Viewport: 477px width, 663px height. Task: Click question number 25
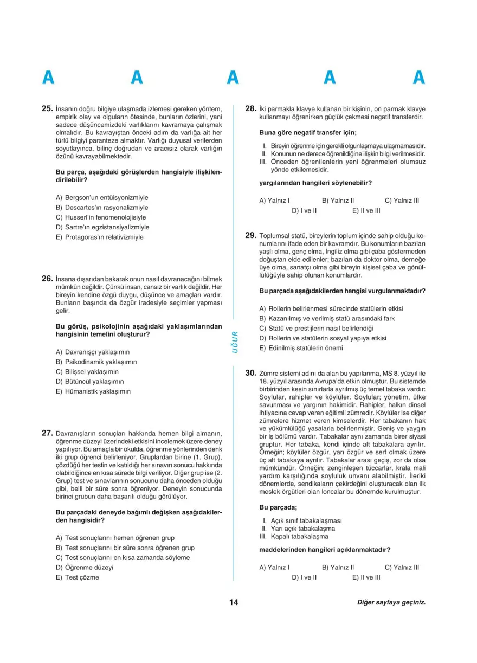coord(47,108)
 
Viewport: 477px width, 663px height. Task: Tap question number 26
coord(47,279)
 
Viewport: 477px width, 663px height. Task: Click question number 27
coord(47,433)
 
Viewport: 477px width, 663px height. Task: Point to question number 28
coord(250,108)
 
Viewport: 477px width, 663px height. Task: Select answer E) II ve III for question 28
coord(366,210)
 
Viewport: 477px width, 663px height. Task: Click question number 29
coord(250,235)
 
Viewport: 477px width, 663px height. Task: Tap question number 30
coord(250,373)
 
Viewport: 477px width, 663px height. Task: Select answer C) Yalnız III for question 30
coord(402,568)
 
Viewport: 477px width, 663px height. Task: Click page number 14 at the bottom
coord(234,602)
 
